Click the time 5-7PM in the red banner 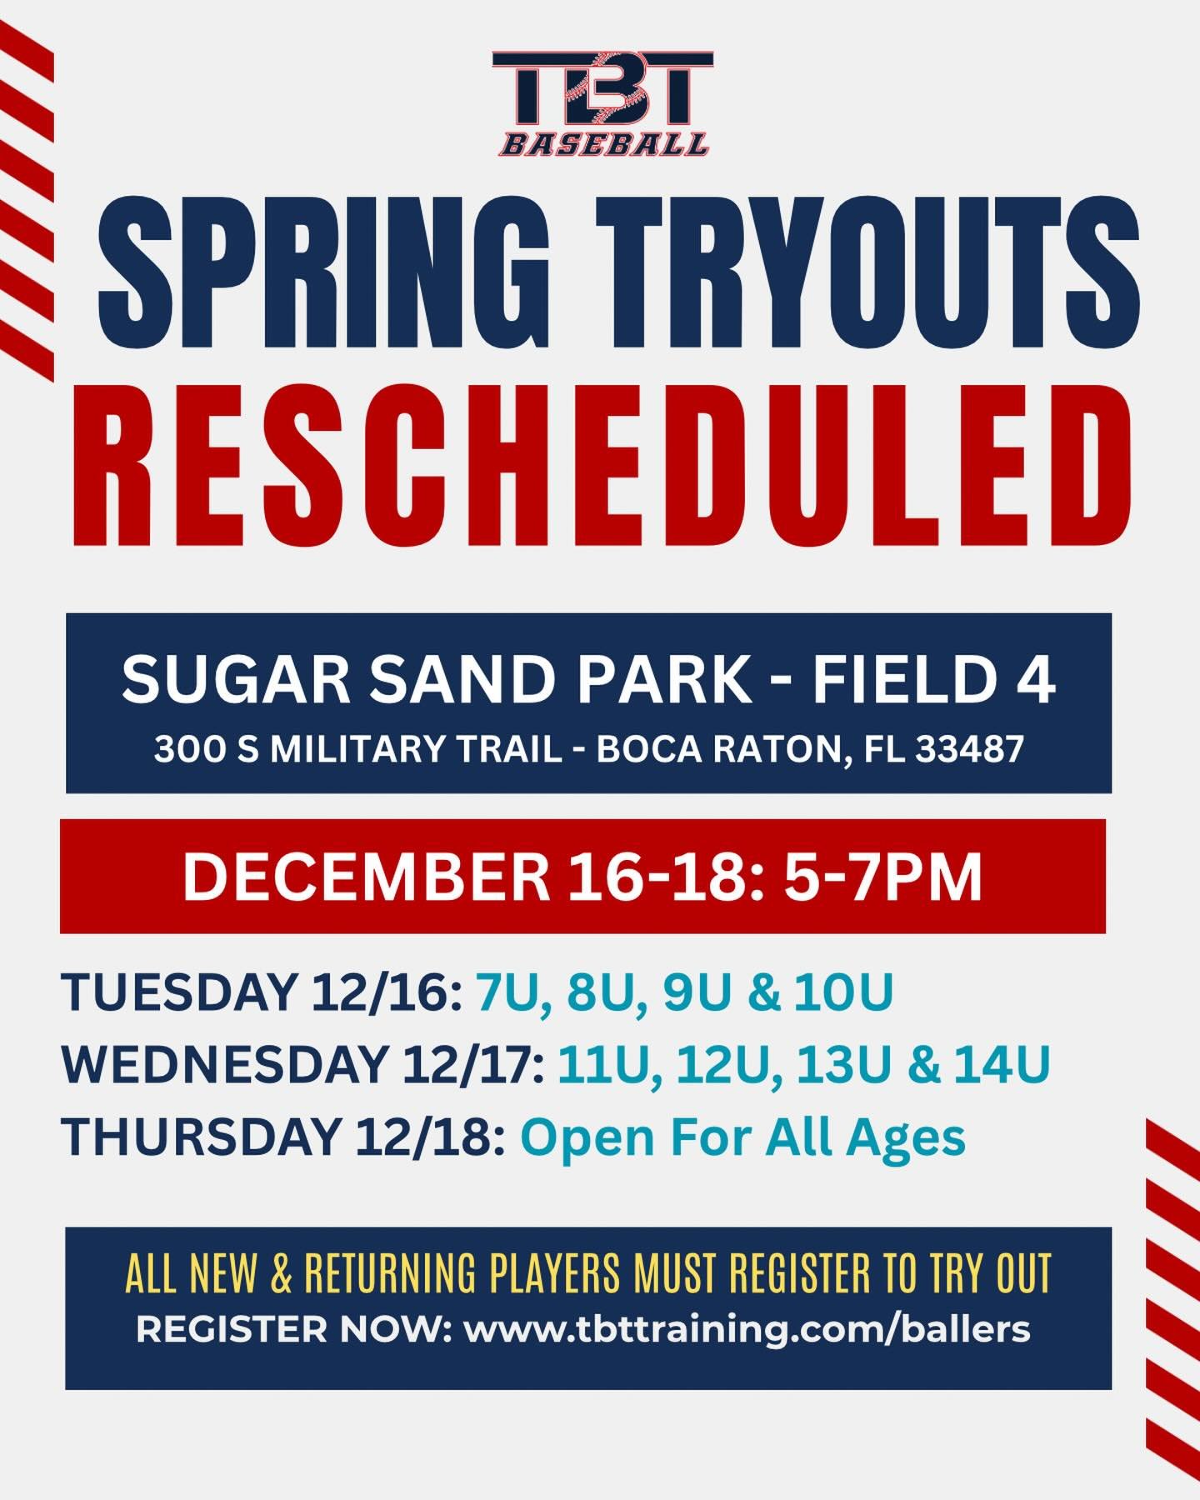(883, 877)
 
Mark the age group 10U (843, 992)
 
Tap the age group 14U (1002, 1064)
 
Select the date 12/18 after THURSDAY (429, 1137)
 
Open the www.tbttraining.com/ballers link (747, 1328)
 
